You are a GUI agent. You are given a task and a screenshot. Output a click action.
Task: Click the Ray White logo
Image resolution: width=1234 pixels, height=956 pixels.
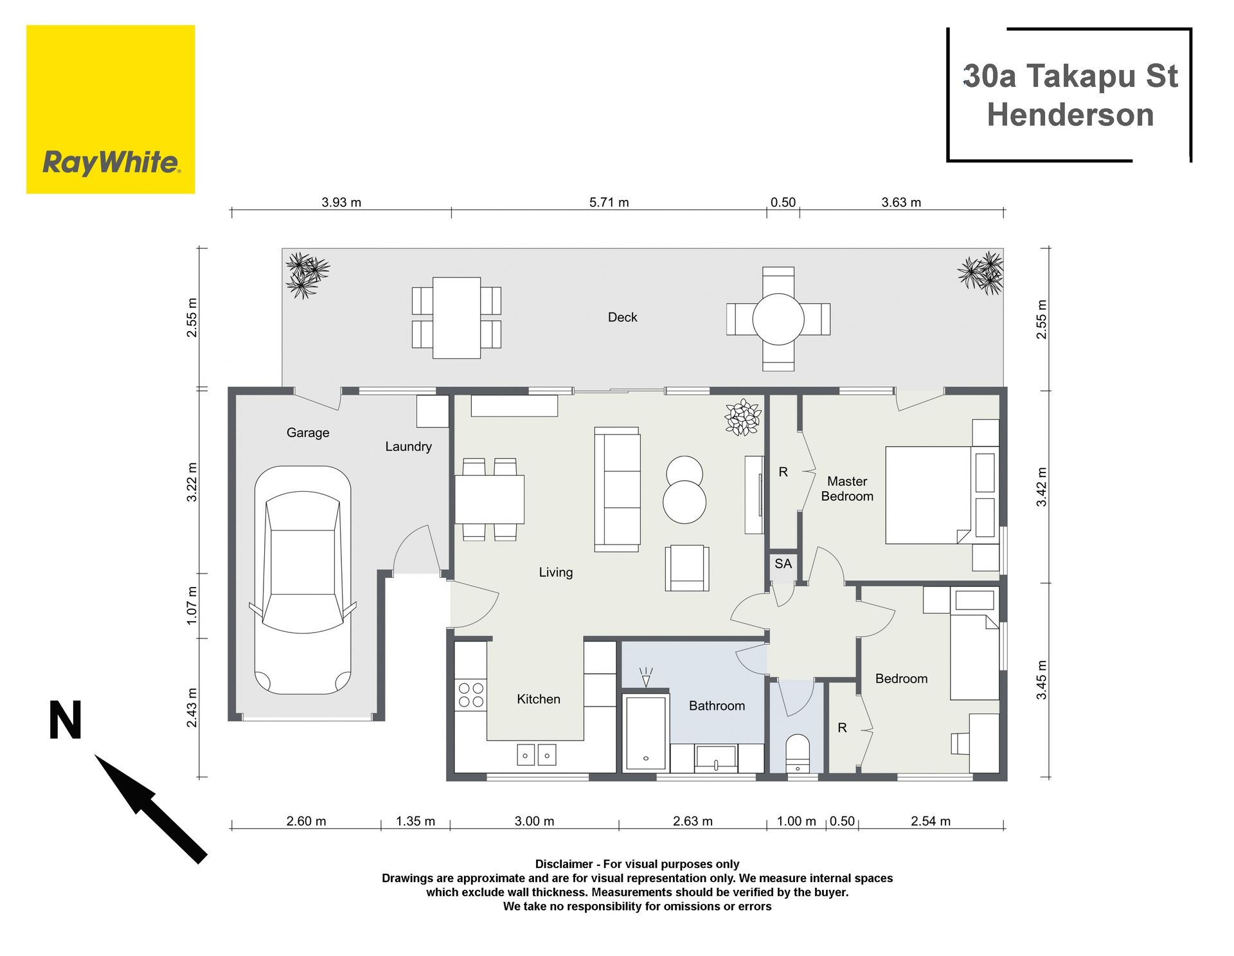point(111,109)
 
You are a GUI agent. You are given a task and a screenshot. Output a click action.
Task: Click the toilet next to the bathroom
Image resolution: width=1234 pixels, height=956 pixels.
point(798,753)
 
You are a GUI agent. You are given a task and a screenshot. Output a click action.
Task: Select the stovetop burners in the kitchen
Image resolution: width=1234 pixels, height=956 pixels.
point(470,695)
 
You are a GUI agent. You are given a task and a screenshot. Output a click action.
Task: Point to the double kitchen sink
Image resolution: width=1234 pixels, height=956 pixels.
point(537,755)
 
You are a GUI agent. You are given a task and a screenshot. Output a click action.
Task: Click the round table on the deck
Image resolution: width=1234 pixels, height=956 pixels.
point(778,319)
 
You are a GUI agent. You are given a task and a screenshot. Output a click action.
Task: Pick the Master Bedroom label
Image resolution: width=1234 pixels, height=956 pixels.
point(847,489)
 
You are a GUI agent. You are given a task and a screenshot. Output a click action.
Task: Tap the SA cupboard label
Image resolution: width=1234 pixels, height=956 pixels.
point(783,564)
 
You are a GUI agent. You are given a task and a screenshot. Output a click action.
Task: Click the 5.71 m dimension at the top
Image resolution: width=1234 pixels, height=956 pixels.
point(609,203)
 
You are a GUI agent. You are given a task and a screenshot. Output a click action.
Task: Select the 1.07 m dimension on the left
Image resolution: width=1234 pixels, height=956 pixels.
point(192,605)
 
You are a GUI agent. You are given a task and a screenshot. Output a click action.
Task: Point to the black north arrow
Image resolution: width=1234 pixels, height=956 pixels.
point(150,808)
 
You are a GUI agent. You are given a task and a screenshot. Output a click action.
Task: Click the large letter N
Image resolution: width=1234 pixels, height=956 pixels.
point(66,720)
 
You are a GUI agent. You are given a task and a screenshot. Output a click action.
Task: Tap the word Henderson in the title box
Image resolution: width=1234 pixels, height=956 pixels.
point(1070,115)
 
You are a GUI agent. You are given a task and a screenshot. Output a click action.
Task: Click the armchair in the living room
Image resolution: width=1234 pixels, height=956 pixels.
point(687,568)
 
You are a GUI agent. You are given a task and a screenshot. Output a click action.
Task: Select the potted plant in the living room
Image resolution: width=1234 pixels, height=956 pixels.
point(743,417)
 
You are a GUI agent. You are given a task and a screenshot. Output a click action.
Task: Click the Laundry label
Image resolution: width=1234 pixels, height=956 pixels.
point(408,446)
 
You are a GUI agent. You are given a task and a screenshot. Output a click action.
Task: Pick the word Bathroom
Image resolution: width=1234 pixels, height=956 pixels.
point(717,705)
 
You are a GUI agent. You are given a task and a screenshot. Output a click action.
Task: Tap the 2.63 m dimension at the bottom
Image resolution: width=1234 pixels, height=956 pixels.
point(692,821)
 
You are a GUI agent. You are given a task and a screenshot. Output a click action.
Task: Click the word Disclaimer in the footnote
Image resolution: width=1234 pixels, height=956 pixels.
point(564,864)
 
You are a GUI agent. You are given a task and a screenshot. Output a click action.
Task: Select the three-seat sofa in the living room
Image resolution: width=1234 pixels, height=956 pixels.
point(617,489)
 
